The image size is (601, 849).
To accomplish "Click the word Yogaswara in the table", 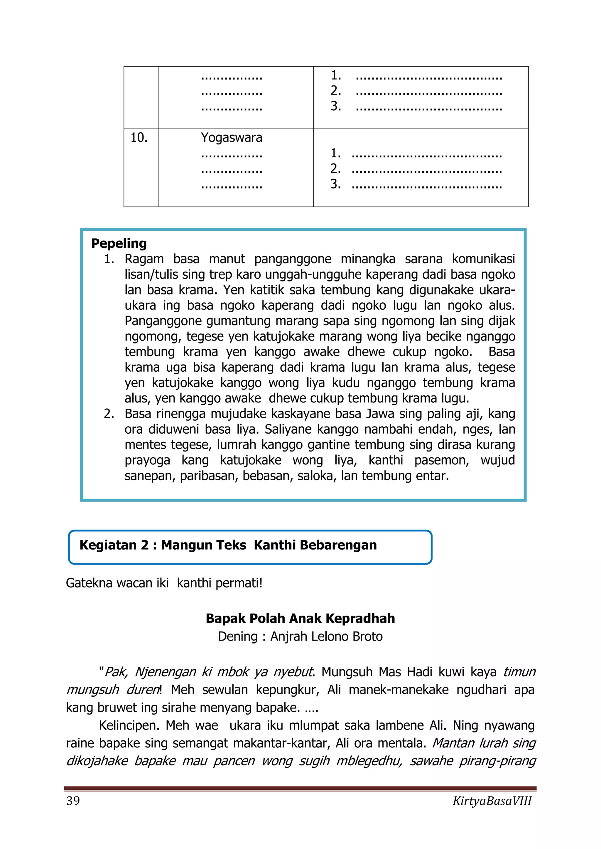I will (x=231, y=138).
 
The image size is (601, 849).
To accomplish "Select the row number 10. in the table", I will (x=139, y=138).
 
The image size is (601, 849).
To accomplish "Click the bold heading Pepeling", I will (x=119, y=243).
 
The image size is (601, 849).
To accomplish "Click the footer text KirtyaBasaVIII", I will (x=492, y=801).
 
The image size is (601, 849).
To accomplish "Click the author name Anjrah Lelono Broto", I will (x=326, y=636).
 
